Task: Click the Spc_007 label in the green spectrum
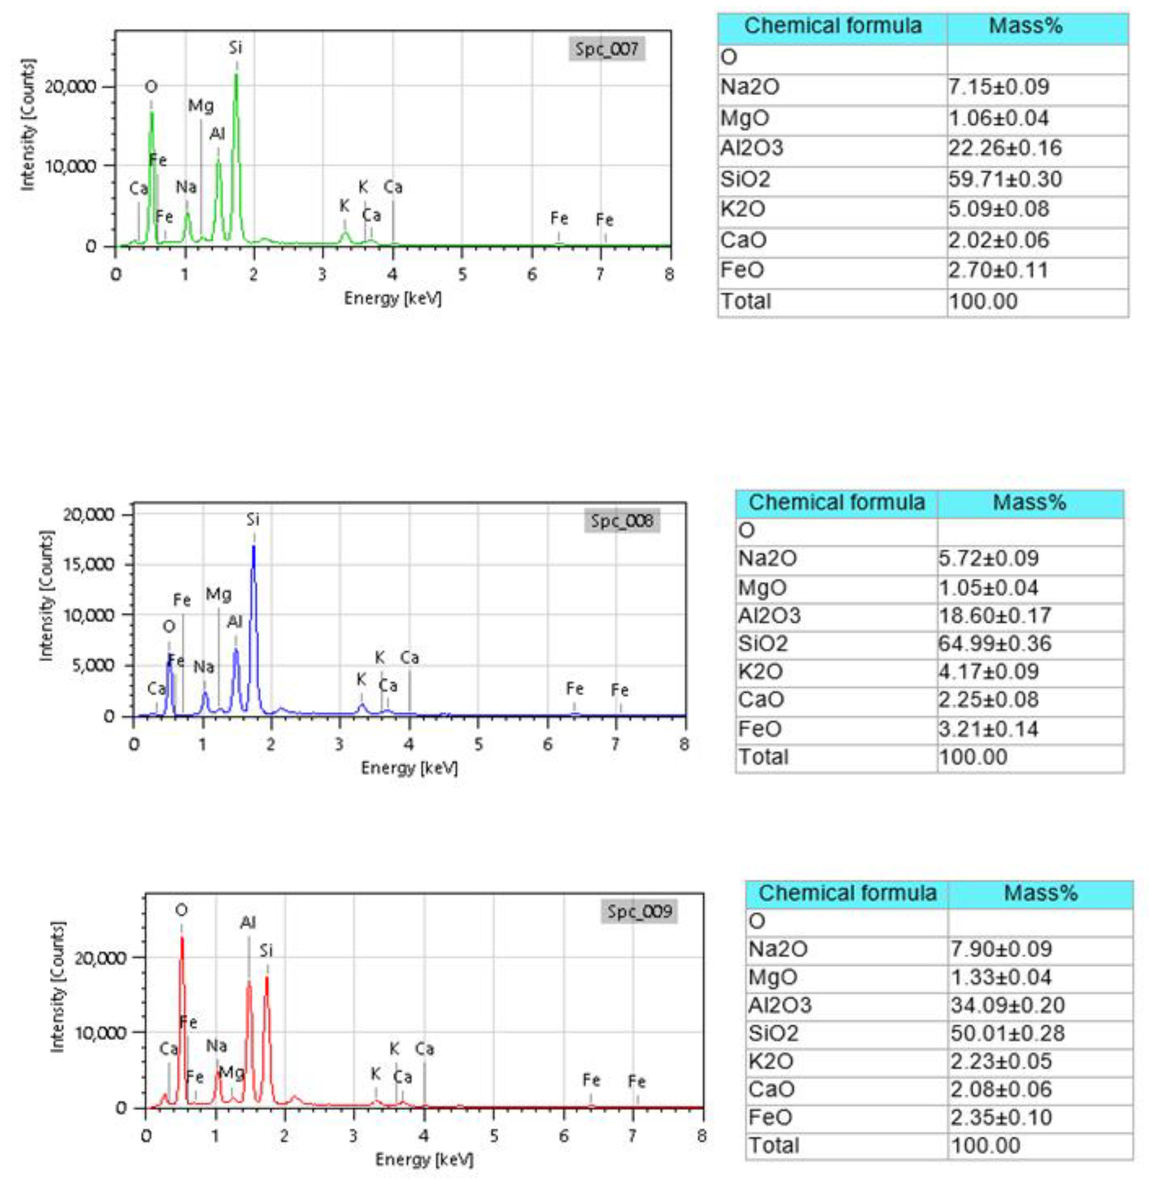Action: (x=606, y=49)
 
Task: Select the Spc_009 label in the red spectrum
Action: (x=639, y=911)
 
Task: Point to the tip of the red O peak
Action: (x=181, y=938)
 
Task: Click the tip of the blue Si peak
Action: (x=253, y=546)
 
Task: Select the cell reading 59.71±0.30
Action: (x=1005, y=179)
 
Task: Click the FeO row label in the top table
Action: (x=742, y=270)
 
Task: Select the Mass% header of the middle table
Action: (x=1030, y=502)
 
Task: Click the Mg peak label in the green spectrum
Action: (x=200, y=106)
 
